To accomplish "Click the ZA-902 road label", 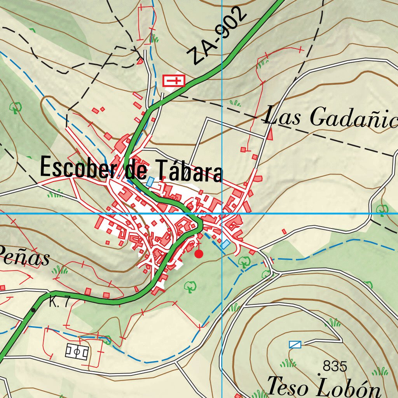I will coord(220,36).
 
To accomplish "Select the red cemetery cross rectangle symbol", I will coord(174,81).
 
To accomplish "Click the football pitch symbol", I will coord(77,352).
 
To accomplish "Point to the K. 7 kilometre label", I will coord(59,302).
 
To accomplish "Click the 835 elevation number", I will coord(335,366).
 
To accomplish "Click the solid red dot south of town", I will coord(199,254).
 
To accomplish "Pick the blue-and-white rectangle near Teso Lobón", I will coord(295,344).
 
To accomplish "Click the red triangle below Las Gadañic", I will coord(270,134).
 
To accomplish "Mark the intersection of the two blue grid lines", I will coord(222,213).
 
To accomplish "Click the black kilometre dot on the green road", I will coord(33,310).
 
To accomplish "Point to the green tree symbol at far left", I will coord(16,106).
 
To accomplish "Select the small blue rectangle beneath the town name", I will coord(150,182).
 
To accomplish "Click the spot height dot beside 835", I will coord(319,374).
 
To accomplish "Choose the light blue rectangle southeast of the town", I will coord(225,244).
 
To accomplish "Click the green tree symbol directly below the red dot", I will coord(190,287).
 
